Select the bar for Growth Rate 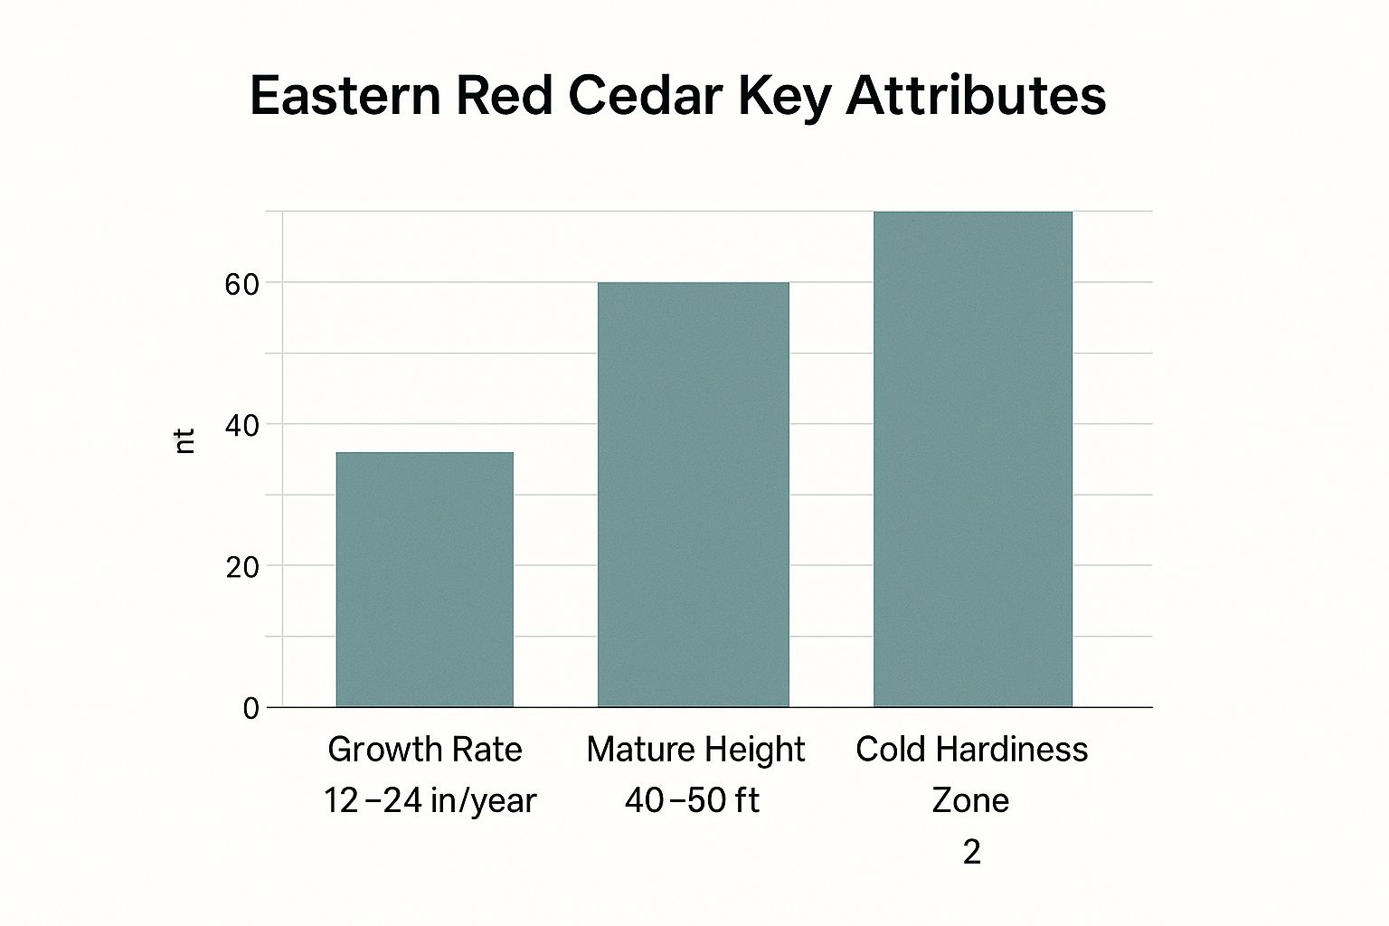pyautogui.click(x=424, y=579)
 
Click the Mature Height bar pyautogui.click(x=694, y=495)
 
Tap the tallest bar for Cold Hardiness pyautogui.click(x=972, y=458)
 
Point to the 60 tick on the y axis pyautogui.click(x=241, y=285)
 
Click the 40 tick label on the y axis pyautogui.click(x=241, y=426)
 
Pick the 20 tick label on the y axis pyautogui.click(x=241, y=568)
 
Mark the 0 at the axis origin pyautogui.click(x=250, y=709)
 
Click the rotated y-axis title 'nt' pyautogui.click(x=184, y=441)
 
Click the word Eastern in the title pyautogui.click(x=345, y=95)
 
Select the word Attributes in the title pyautogui.click(x=976, y=95)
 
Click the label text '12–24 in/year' pyautogui.click(x=430, y=800)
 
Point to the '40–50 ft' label pyautogui.click(x=692, y=800)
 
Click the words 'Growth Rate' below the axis pyautogui.click(x=425, y=750)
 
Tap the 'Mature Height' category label pyautogui.click(x=694, y=750)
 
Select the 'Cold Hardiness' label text pyautogui.click(x=971, y=750)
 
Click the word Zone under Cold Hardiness pyautogui.click(x=970, y=800)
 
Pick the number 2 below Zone pyautogui.click(x=971, y=852)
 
